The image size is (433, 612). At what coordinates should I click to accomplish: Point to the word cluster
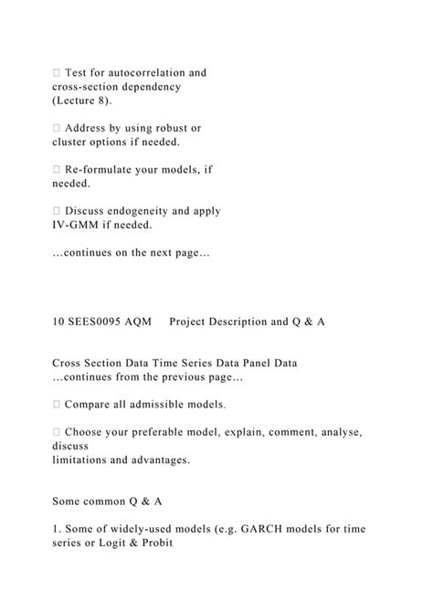71,142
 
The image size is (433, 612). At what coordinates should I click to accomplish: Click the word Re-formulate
111,169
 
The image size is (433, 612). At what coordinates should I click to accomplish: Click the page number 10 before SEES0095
58,322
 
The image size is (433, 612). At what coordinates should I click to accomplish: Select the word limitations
85,459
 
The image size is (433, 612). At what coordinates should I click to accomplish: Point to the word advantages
158,459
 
